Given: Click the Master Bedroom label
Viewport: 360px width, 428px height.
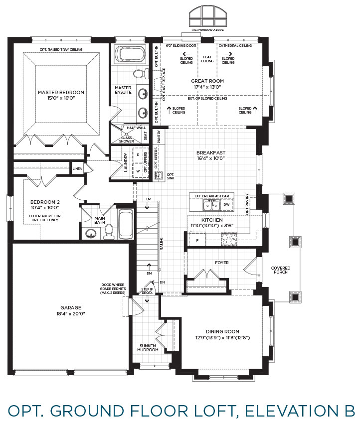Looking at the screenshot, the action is point(61,93).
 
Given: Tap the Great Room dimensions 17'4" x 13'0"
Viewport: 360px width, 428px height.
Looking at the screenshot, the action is point(207,87).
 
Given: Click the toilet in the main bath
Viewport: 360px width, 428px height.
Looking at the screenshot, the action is point(109,231).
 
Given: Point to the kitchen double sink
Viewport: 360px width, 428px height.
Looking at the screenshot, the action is point(212,205).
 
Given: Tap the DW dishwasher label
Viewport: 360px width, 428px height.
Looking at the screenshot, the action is point(226,204).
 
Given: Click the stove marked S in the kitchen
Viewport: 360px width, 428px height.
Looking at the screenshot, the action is point(229,239).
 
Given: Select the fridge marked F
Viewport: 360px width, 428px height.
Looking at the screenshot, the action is point(197,240).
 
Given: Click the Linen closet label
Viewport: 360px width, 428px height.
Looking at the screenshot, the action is point(78,169).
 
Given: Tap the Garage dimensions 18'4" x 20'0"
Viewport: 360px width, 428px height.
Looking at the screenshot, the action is point(71,313).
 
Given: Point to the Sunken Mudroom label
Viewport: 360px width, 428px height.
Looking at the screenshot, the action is point(148,348).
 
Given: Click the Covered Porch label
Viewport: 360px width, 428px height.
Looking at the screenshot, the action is point(281,270).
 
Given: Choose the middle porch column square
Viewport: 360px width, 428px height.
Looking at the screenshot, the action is point(296,242).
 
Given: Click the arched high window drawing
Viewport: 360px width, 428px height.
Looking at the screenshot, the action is point(208,16).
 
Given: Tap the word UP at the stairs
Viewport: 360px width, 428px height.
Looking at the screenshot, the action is point(148,199).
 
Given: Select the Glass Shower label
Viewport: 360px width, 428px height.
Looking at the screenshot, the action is point(127,140).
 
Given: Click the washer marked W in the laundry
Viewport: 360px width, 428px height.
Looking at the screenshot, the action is point(138,171).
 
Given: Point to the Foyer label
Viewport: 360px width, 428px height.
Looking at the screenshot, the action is point(222,263).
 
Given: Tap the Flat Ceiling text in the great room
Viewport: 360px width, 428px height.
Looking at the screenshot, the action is point(207,59).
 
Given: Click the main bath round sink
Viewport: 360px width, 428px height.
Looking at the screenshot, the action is point(91,234).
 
